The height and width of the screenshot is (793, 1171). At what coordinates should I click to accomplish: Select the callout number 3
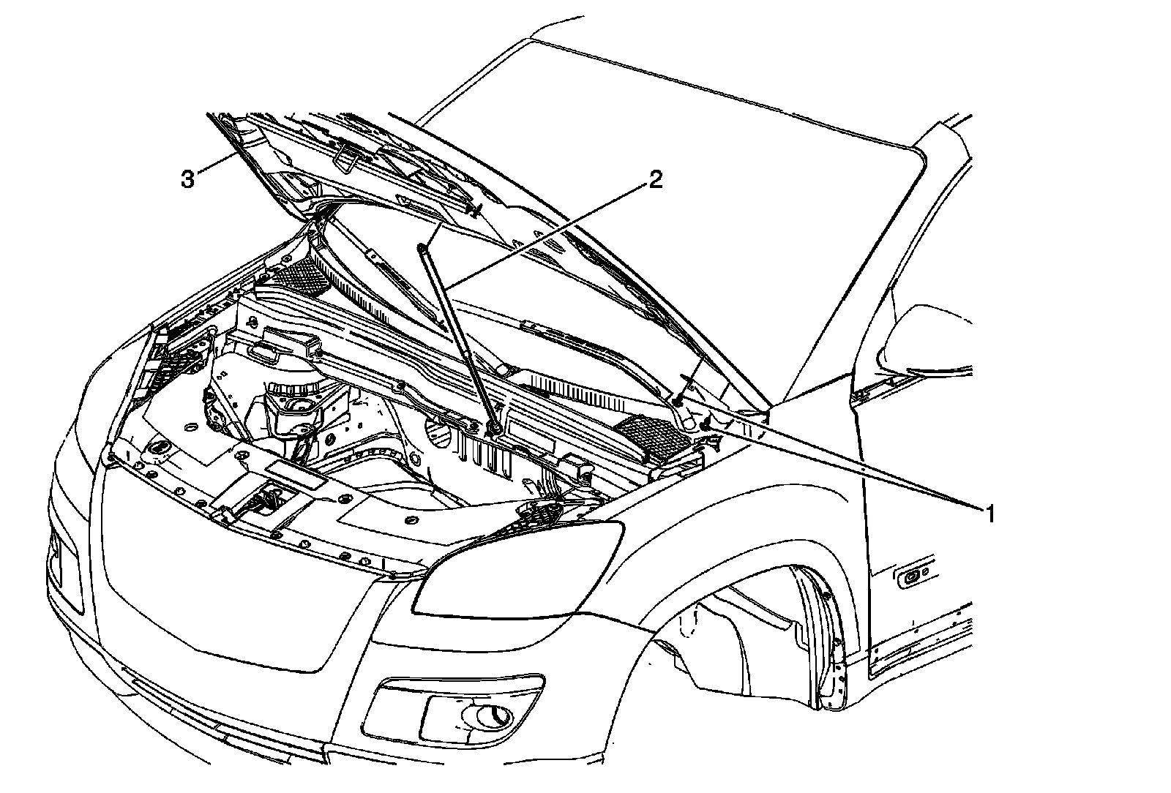click(188, 178)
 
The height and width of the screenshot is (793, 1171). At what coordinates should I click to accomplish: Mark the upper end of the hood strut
click(422, 250)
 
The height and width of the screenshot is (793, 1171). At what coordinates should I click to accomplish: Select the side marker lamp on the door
click(913, 577)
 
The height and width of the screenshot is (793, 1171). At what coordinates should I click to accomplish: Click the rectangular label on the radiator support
click(296, 476)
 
